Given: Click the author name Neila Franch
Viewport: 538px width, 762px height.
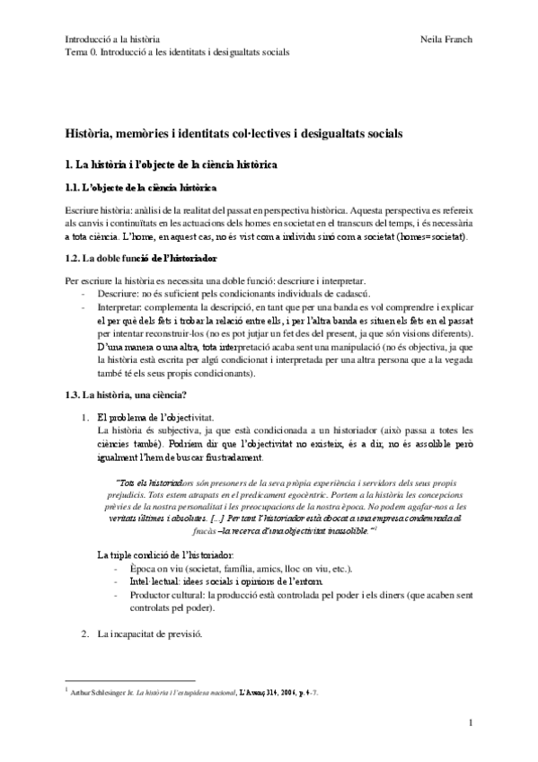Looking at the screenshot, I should pyautogui.click(x=445, y=40).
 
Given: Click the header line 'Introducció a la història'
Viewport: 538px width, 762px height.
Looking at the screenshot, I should pyautogui.click(x=113, y=40).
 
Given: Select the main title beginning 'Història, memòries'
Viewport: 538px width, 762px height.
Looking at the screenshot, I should pyautogui.click(x=234, y=133).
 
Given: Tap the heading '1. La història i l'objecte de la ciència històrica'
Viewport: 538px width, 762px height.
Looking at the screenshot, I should pyautogui.click(x=177, y=165).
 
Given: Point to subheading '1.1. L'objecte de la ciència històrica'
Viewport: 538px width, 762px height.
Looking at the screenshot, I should pyautogui.click(x=141, y=189).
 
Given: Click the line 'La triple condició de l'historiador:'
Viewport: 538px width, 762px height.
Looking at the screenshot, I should pyautogui.click(x=163, y=530).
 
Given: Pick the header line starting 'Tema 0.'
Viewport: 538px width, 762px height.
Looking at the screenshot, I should pyautogui.click(x=177, y=52).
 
